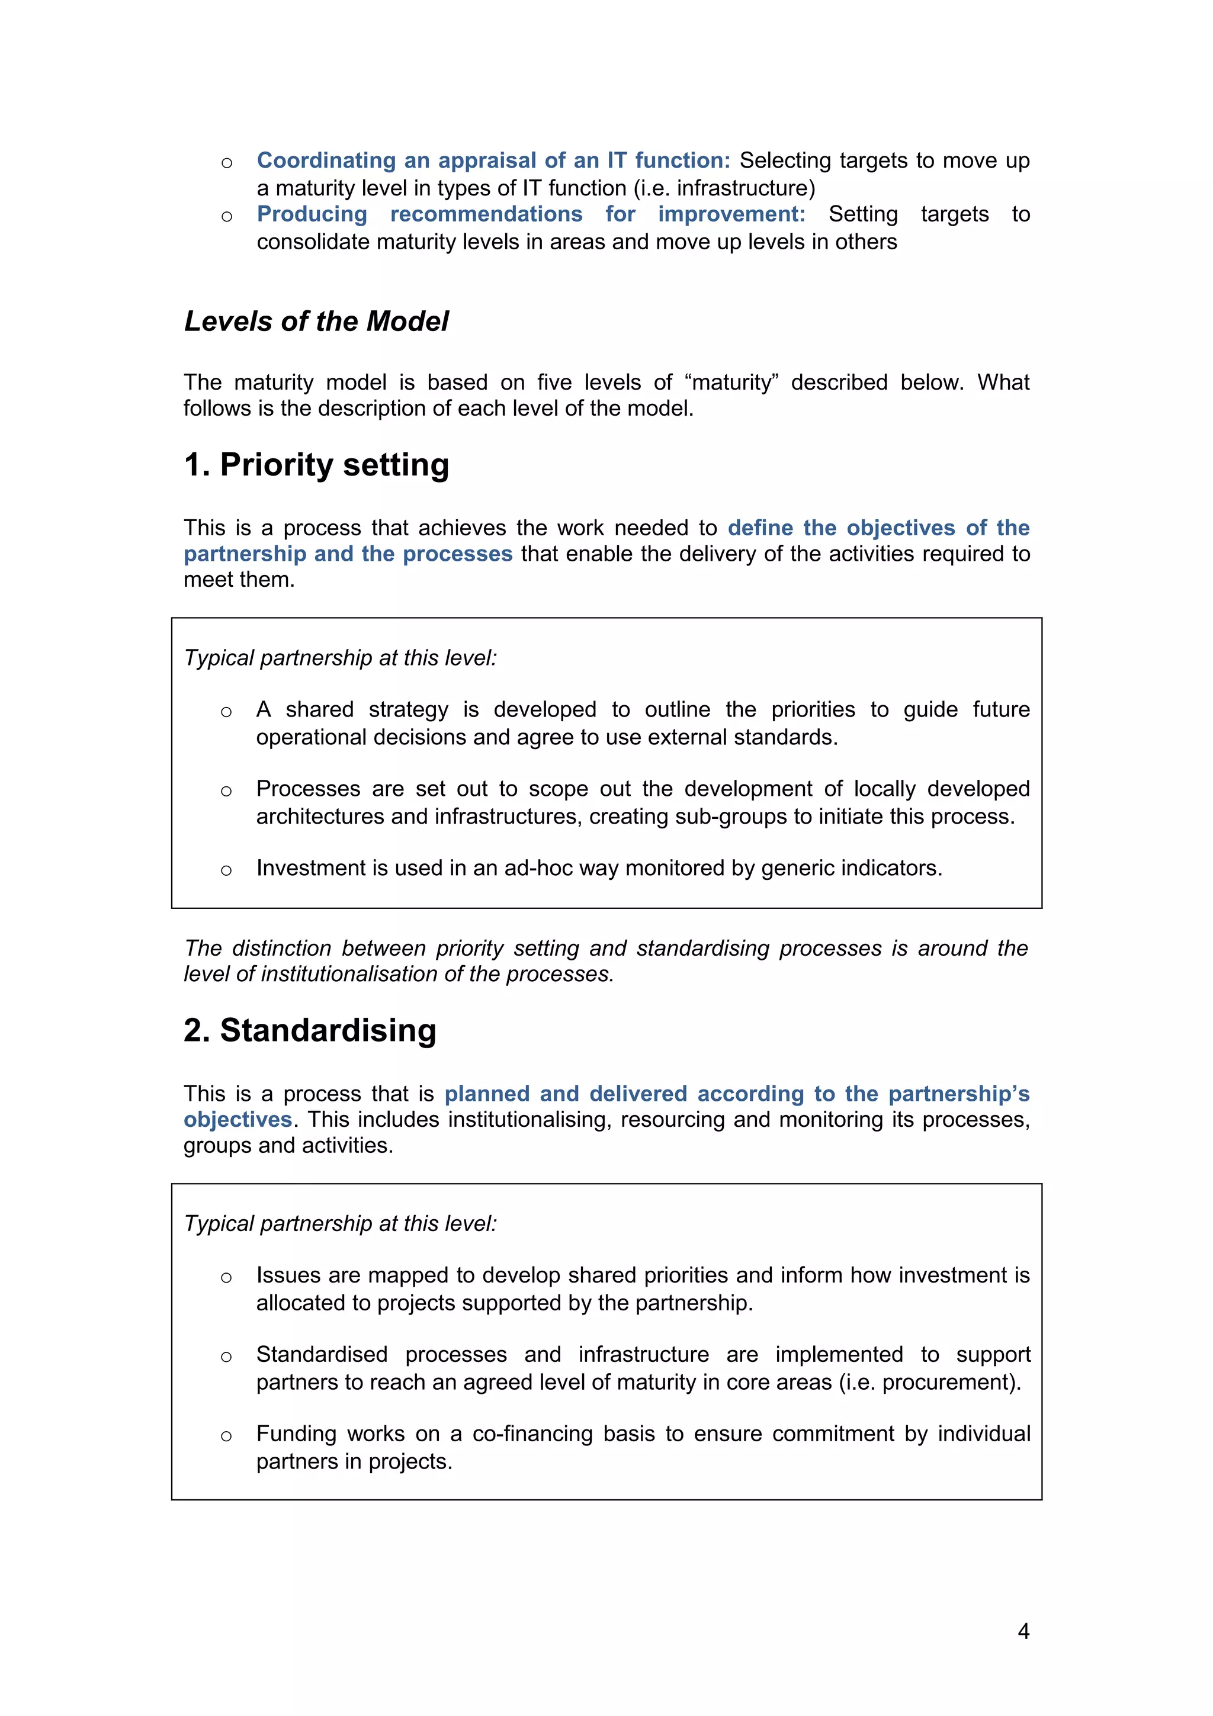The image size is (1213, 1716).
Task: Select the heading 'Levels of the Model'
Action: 316,322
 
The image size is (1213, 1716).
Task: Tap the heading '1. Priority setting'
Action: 316,464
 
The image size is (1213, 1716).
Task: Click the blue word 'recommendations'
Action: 486,214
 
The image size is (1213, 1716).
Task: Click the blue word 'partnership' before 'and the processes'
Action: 245,554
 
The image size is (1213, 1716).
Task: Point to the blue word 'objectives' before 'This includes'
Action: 238,1120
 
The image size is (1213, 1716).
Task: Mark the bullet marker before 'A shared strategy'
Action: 226,712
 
